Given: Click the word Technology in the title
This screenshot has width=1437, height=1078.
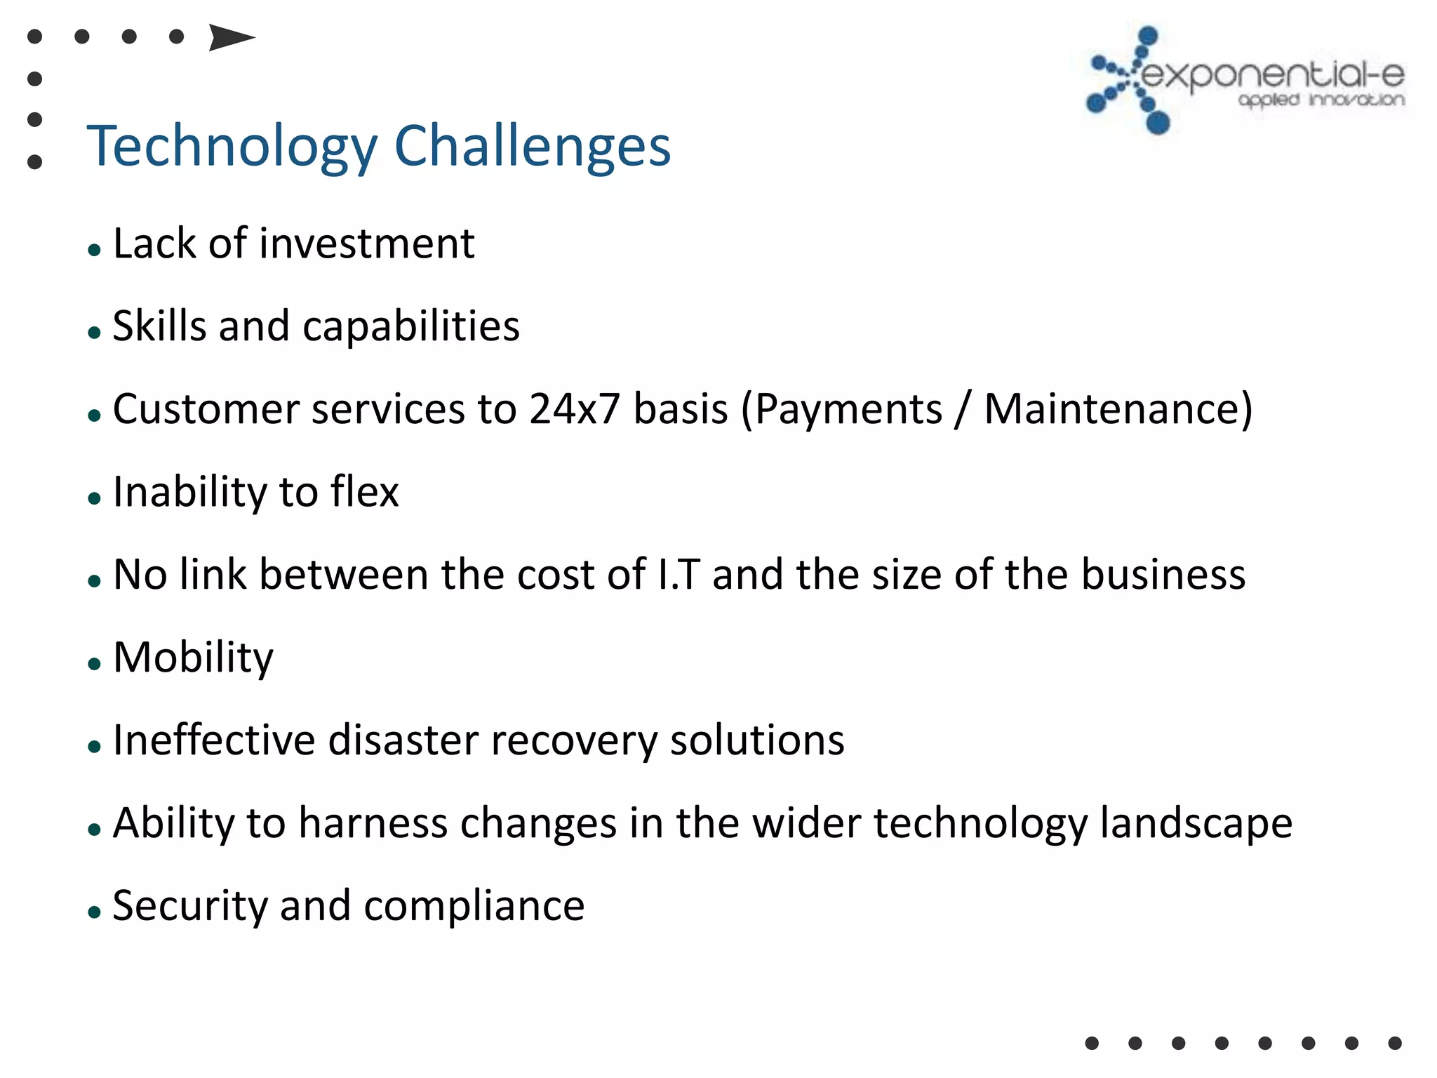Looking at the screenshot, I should tap(232, 147).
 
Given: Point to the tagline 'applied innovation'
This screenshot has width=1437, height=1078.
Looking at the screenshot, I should tap(1321, 100).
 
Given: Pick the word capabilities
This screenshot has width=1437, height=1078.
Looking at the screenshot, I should tap(411, 327).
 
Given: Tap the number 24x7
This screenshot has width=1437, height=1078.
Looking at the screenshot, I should tap(574, 409).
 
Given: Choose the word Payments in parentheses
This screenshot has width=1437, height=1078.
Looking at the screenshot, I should tap(848, 409).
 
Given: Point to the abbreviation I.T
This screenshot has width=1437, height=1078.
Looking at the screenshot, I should tap(679, 575).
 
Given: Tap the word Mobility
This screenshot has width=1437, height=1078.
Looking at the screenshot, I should tap(193, 658).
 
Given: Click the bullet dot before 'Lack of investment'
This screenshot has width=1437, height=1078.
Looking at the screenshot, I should tap(95, 250).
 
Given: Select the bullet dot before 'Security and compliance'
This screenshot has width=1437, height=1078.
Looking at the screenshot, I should tap(95, 912).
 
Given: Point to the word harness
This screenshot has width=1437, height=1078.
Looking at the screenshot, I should tap(373, 823).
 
